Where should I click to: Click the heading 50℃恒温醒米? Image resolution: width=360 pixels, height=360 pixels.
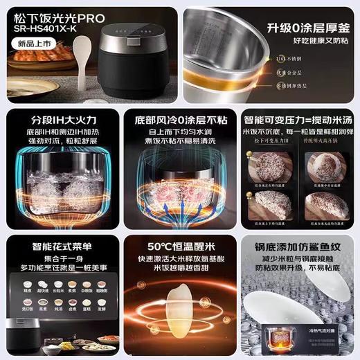tap(179, 246)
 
